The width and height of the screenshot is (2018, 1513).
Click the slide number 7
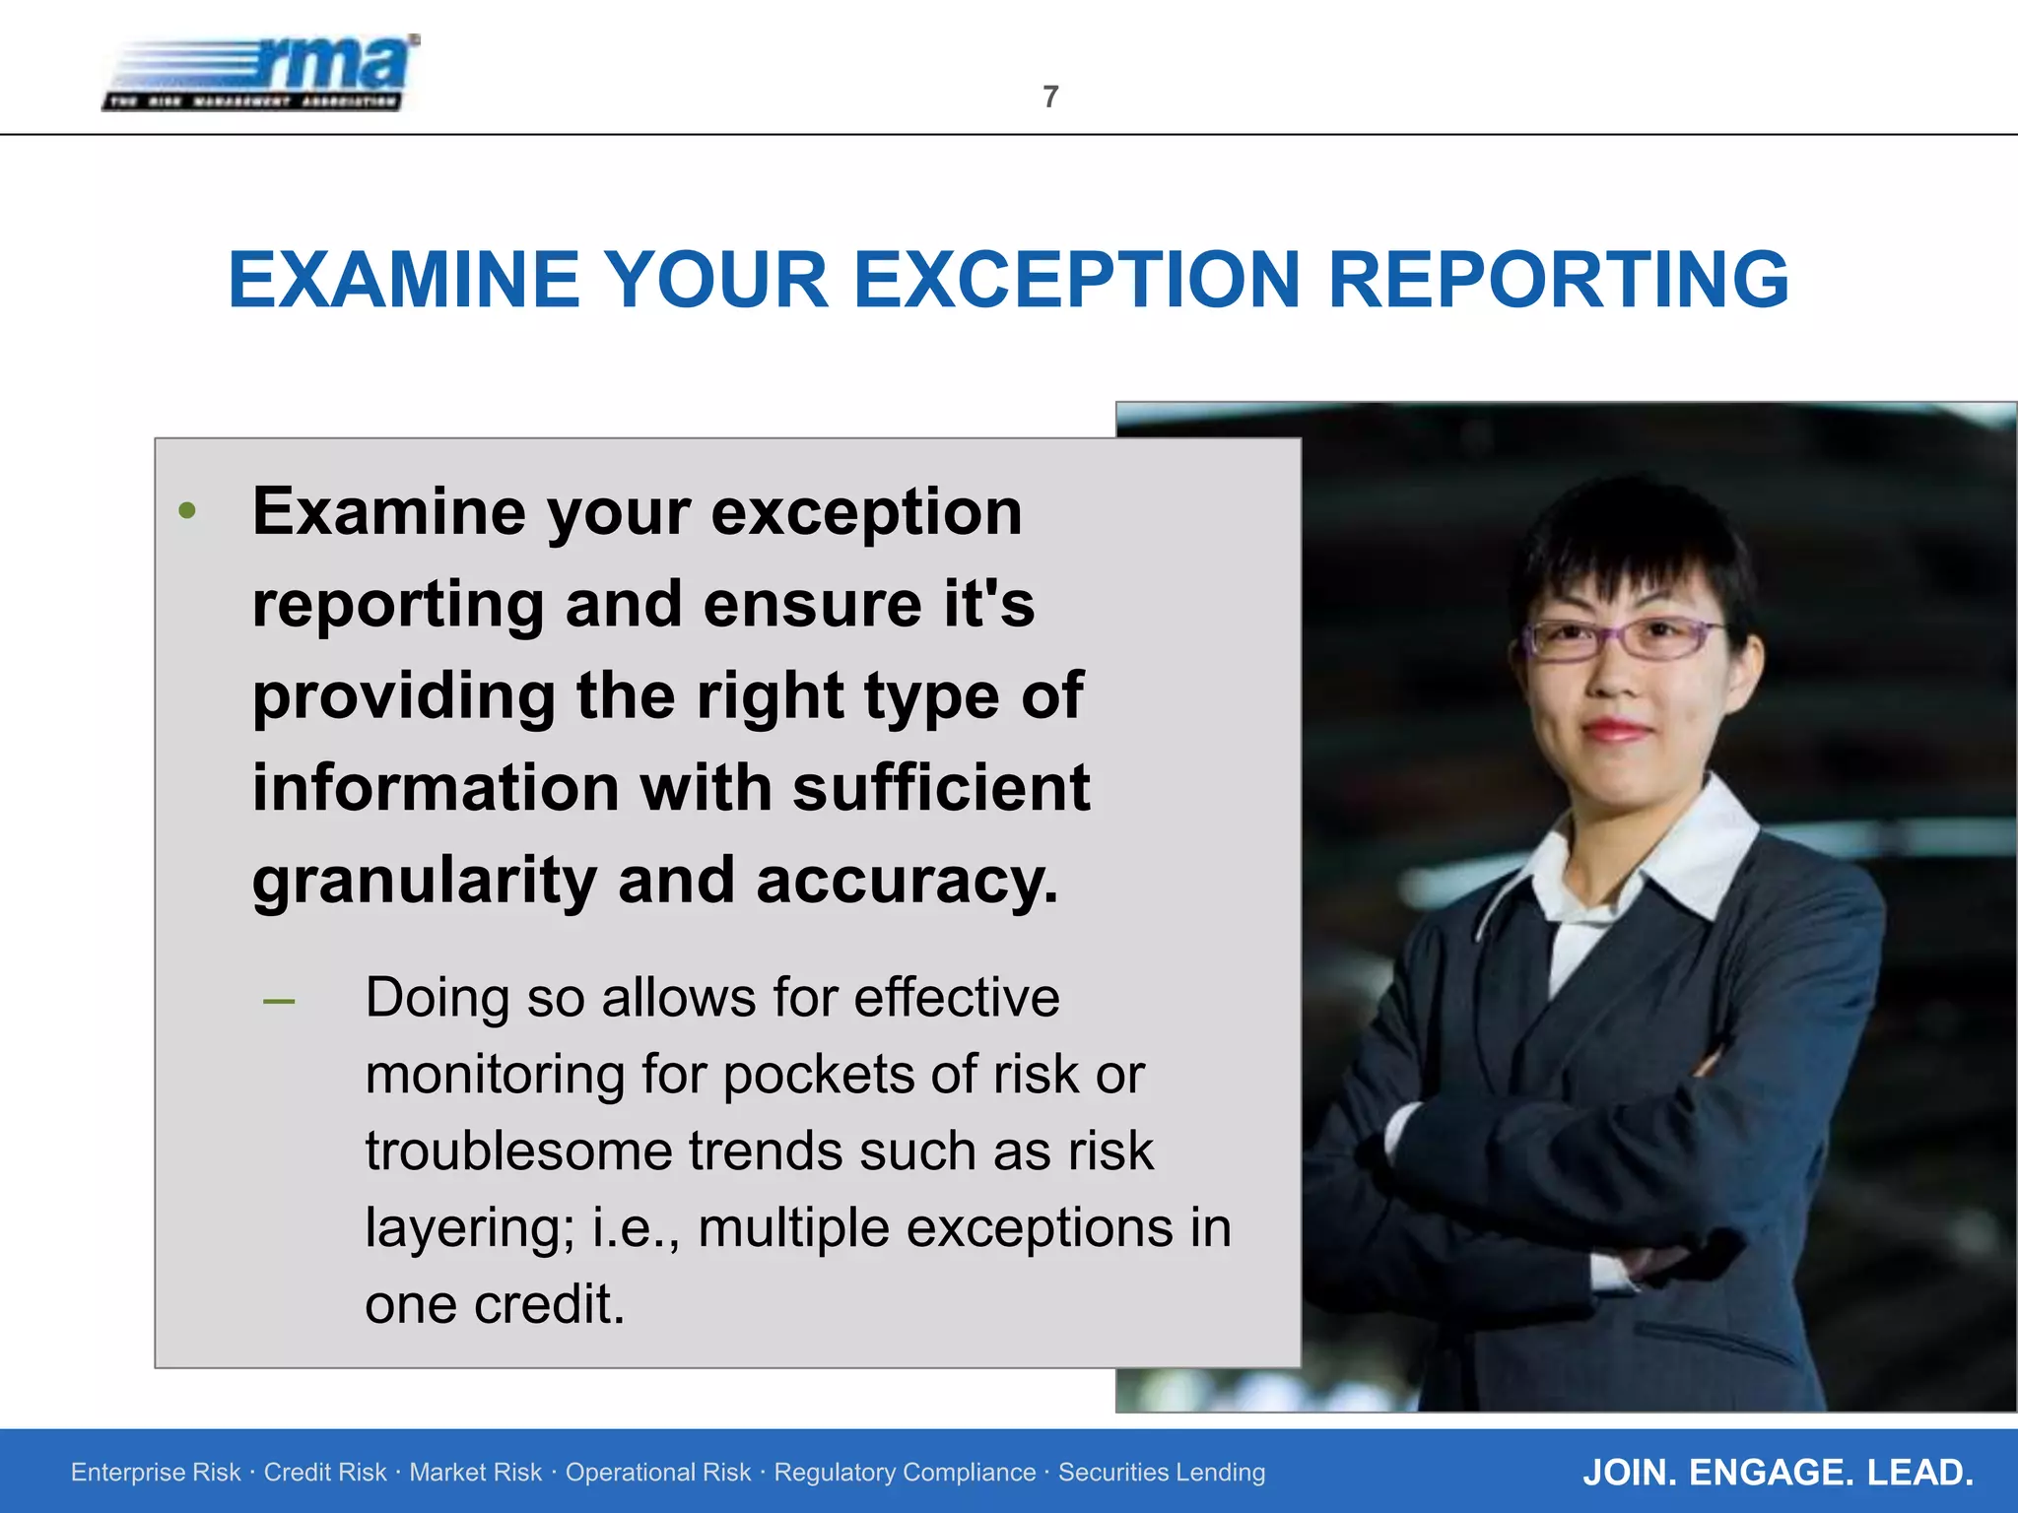click(x=1050, y=97)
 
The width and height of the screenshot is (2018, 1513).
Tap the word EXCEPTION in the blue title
click(x=1077, y=280)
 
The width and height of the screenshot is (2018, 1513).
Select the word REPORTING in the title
click(x=1558, y=280)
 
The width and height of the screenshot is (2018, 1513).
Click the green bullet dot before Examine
click(x=187, y=511)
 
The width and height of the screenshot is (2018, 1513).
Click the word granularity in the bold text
click(x=424, y=881)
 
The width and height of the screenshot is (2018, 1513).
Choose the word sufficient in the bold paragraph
click(x=941, y=788)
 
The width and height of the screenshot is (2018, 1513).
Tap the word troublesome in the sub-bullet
click(x=516, y=1151)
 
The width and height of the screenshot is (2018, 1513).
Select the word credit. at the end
click(x=549, y=1304)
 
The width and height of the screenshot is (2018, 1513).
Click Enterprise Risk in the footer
click(x=156, y=1472)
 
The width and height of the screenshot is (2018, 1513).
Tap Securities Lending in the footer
click(x=1162, y=1472)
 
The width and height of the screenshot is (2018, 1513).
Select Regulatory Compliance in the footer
click(x=905, y=1472)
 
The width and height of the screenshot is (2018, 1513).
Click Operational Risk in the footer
click(x=657, y=1472)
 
